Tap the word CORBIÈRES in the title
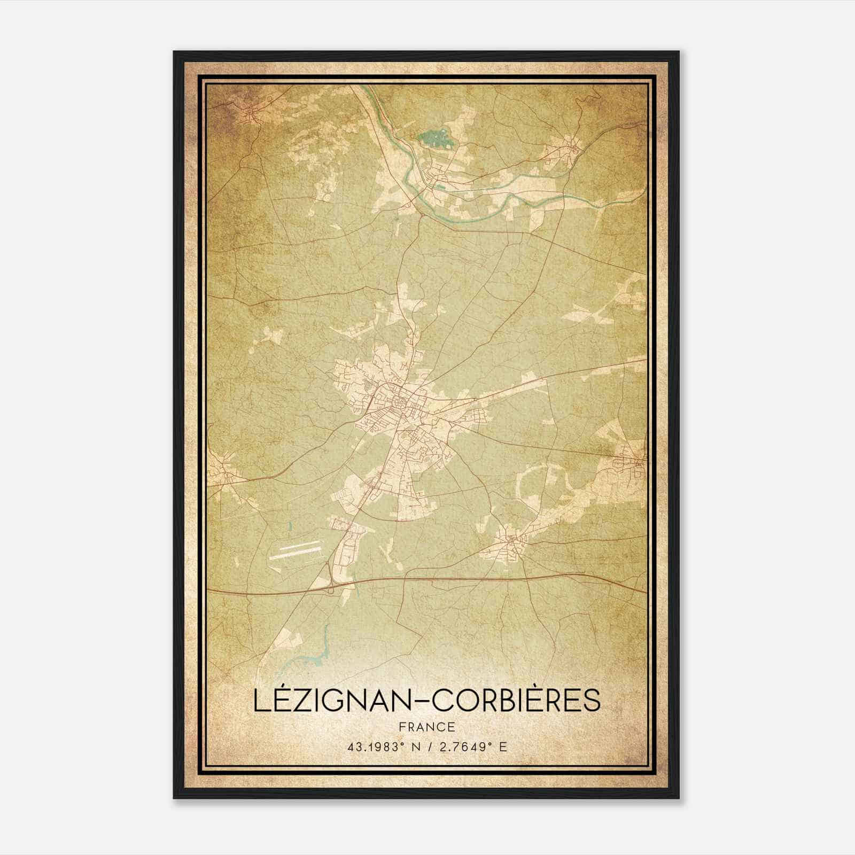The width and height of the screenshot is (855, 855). point(516,701)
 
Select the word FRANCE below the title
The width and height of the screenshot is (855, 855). point(427,727)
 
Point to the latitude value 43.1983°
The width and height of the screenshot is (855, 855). point(374,747)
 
